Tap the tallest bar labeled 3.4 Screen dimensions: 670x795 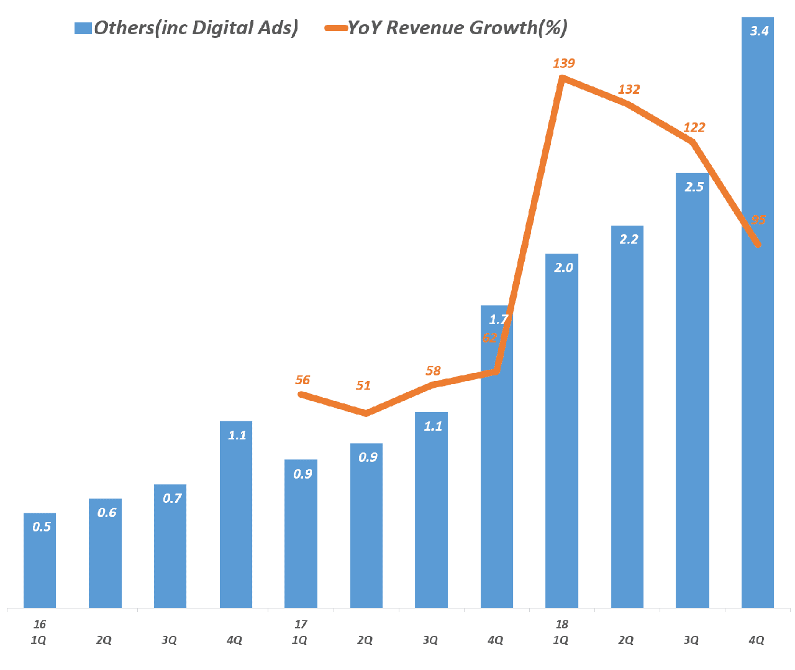pyautogui.click(x=758, y=311)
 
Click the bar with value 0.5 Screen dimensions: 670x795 pyautogui.click(x=40, y=560)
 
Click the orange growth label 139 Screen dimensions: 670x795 pyautogui.click(x=564, y=63)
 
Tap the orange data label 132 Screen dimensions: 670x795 pyautogui.click(x=629, y=89)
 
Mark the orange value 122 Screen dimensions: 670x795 pyautogui.click(x=694, y=127)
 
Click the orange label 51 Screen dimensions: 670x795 pyautogui.click(x=363, y=386)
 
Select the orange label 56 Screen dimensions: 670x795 pyautogui.click(x=302, y=380)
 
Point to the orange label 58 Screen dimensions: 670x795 pyautogui.click(x=433, y=371)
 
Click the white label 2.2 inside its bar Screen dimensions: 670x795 pyautogui.click(x=629, y=239)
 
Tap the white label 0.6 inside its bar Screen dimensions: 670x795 pyautogui.click(x=107, y=513)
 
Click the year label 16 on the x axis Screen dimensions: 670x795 pyautogui.click(x=40, y=625)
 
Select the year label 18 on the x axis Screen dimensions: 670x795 pyautogui.click(x=561, y=625)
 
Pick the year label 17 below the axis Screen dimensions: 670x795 pyautogui.click(x=301, y=625)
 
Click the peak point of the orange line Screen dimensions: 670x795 pyautogui.click(x=562, y=78)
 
